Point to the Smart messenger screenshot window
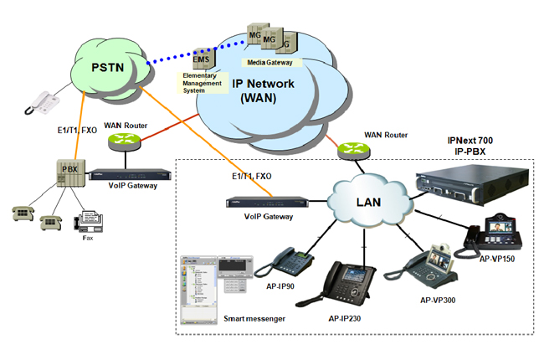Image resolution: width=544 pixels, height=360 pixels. pyautogui.click(x=213, y=285)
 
